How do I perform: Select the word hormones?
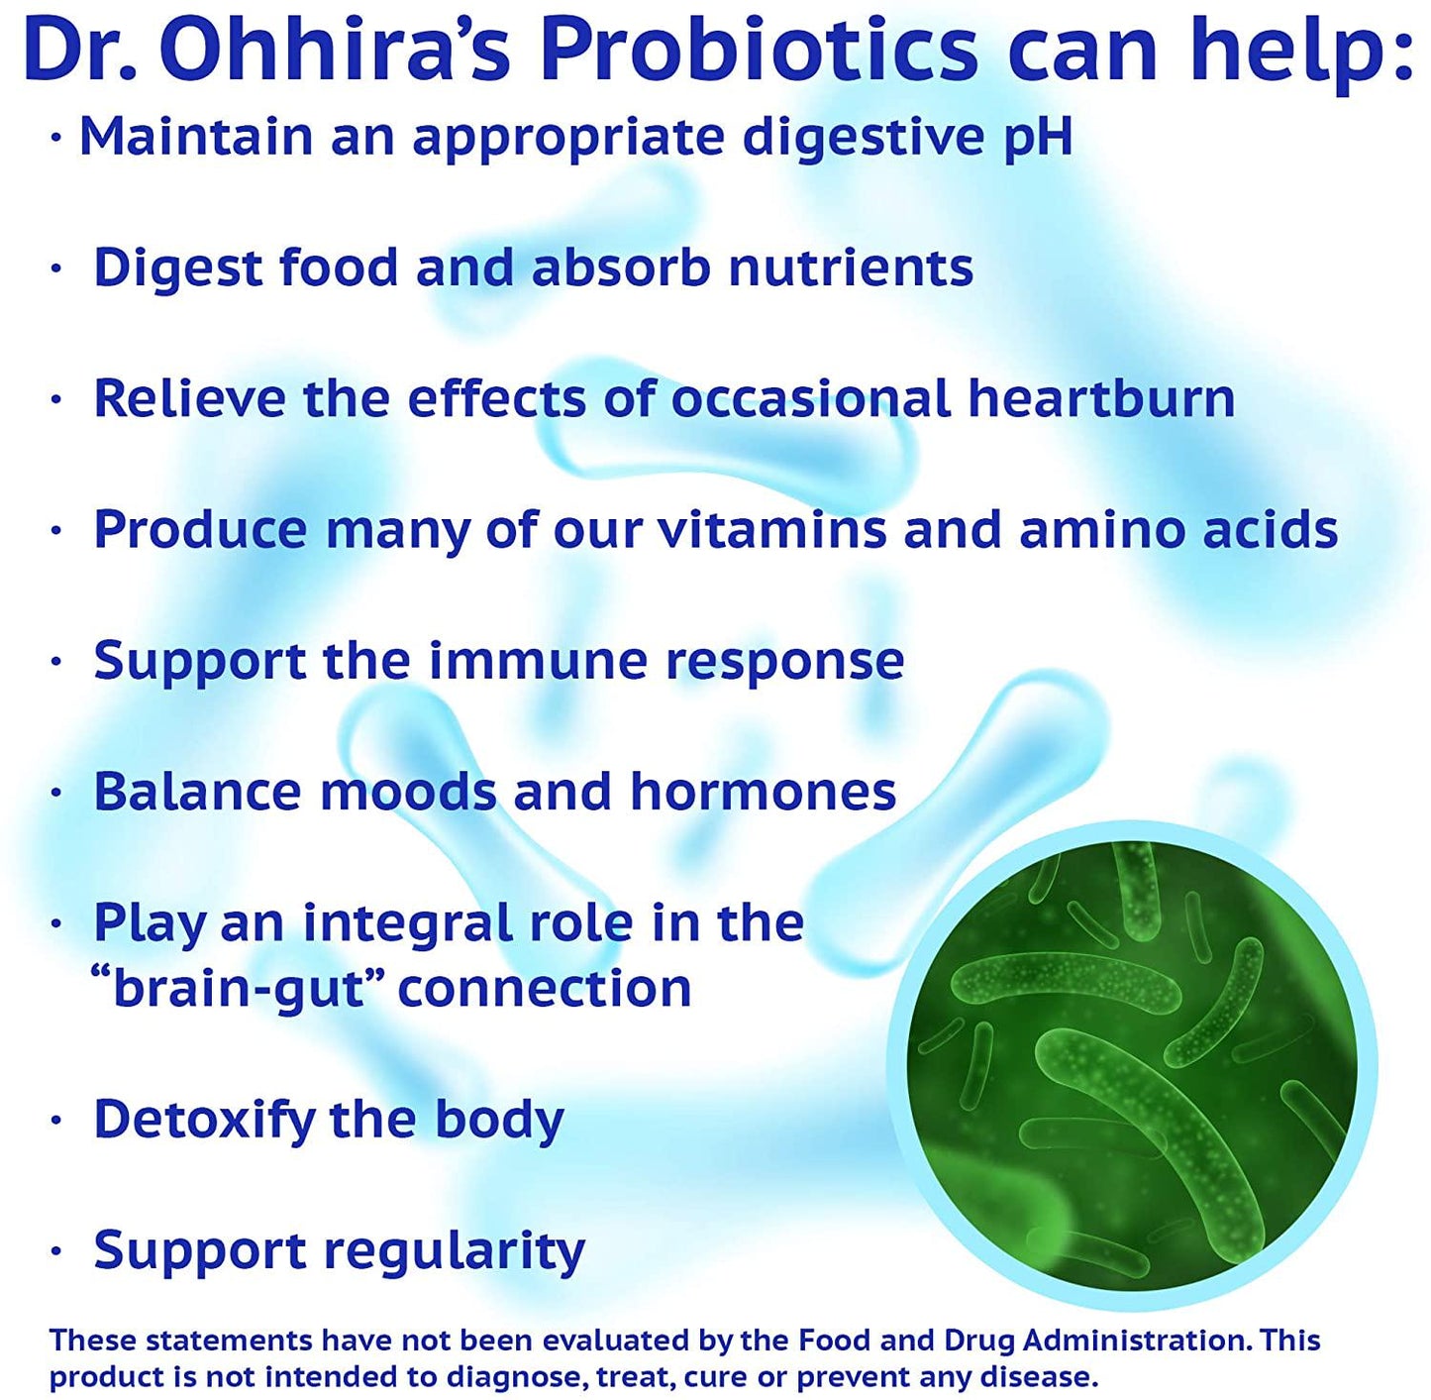763,792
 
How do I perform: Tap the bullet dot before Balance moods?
56,793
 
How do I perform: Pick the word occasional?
811,398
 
